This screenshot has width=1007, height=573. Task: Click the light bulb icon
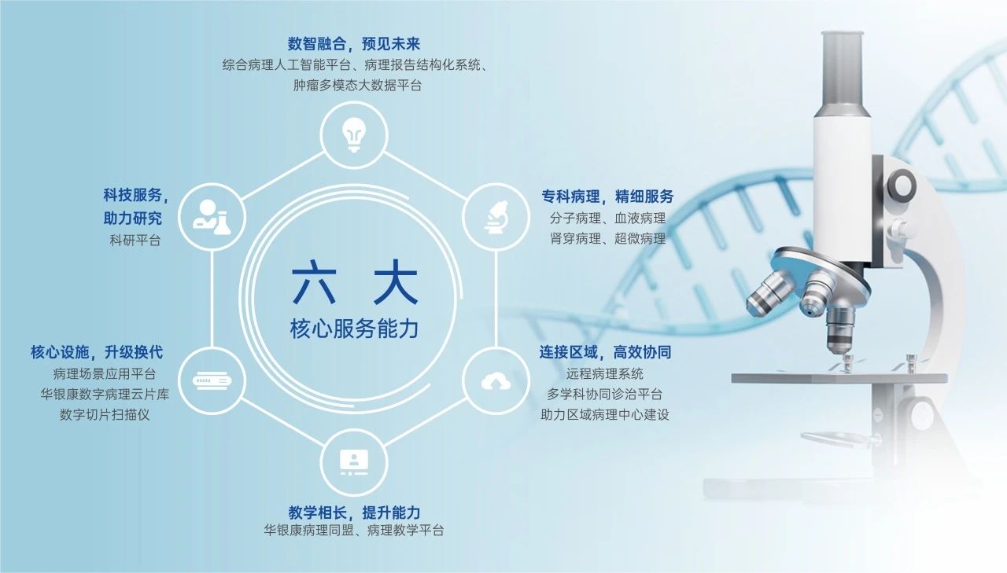pos(354,134)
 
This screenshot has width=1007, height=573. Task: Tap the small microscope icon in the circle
pos(496,218)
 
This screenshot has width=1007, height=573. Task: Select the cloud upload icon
pos(496,381)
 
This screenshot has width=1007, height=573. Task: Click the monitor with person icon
pos(354,462)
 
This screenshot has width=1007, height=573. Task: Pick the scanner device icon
pos(212,381)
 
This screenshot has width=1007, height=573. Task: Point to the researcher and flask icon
pos(212,218)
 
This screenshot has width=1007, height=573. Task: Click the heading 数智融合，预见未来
pos(354,44)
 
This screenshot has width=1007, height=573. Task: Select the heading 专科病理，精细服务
pos(607,197)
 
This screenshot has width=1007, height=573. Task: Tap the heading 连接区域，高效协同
pos(605,352)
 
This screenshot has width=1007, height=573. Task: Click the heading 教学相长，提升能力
pos(354,512)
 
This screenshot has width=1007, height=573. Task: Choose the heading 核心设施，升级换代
pos(97,352)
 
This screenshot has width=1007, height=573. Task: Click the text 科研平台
pos(135,241)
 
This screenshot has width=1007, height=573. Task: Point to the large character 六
pos(314,282)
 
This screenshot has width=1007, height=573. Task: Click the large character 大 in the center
pos(396,282)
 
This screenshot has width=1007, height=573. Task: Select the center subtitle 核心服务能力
pos(354,329)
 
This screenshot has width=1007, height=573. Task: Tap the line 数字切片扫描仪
pos(105,414)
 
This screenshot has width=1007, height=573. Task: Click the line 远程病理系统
pos(605,373)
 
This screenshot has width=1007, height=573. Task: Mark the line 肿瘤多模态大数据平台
pos(357,86)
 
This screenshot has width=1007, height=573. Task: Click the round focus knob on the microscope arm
pos(902,185)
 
